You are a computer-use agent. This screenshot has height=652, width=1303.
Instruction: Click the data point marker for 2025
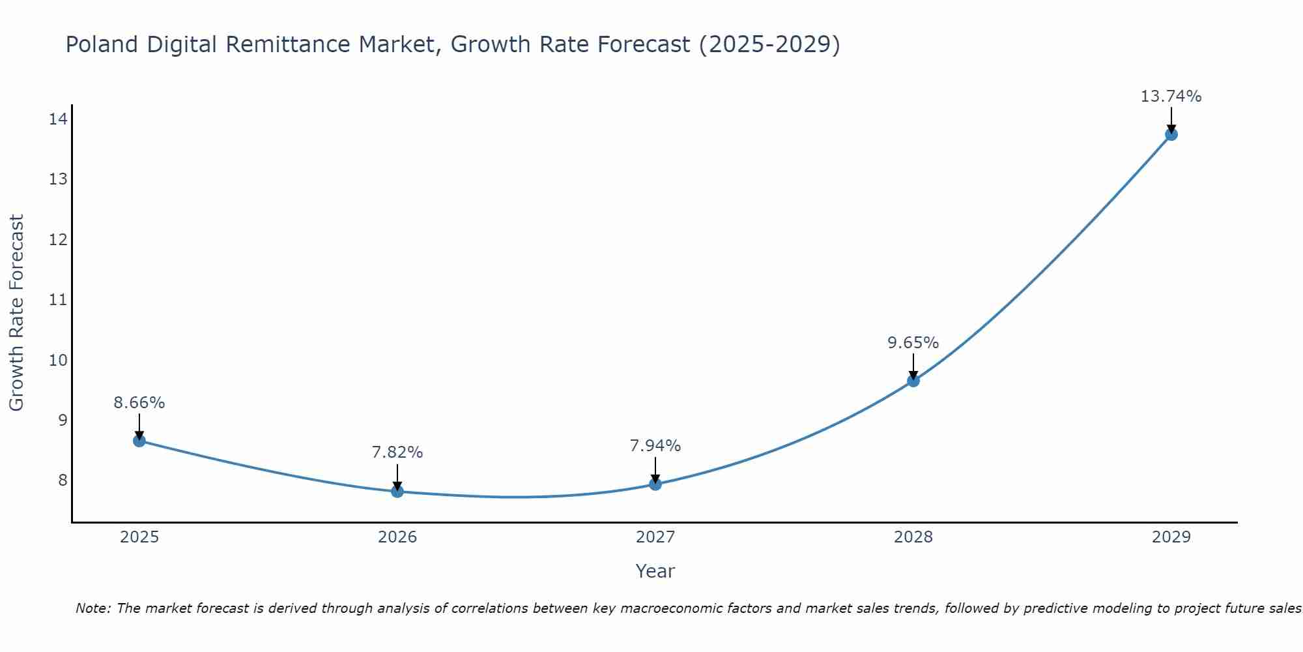pyautogui.click(x=139, y=441)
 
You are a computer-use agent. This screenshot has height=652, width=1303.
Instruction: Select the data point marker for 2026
pyautogui.click(x=397, y=491)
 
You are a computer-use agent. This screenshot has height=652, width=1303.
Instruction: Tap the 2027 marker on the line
pyautogui.click(x=655, y=484)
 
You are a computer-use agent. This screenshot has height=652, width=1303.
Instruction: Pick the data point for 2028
pyautogui.click(x=913, y=381)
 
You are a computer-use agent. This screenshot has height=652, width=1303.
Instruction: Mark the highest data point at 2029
pyautogui.click(x=1171, y=134)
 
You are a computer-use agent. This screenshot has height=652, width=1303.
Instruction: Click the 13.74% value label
pyautogui.click(x=1171, y=96)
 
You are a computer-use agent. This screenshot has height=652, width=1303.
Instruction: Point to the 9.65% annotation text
pyautogui.click(x=913, y=343)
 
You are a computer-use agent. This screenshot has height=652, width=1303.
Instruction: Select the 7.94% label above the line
pyautogui.click(x=655, y=446)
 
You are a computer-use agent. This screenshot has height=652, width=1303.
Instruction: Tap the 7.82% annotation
pyautogui.click(x=397, y=452)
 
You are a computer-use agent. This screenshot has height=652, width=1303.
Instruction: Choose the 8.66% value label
pyautogui.click(x=139, y=403)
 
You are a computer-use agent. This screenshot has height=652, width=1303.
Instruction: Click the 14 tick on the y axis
pyautogui.click(x=58, y=119)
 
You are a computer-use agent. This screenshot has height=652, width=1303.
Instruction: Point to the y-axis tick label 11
pyautogui.click(x=58, y=300)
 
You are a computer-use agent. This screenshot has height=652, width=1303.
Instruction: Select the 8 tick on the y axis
pyautogui.click(x=62, y=481)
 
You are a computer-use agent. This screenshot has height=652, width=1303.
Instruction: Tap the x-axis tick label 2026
pyautogui.click(x=397, y=537)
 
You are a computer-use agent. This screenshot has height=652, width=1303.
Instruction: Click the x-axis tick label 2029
pyautogui.click(x=1171, y=537)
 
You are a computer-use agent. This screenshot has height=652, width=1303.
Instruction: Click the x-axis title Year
pyautogui.click(x=655, y=571)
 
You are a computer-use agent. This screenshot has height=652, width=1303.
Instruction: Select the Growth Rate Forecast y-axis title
pyautogui.click(x=17, y=312)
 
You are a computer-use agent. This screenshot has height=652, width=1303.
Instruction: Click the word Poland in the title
pyautogui.click(x=102, y=45)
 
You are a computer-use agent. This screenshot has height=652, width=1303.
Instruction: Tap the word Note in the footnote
pyautogui.click(x=93, y=608)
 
